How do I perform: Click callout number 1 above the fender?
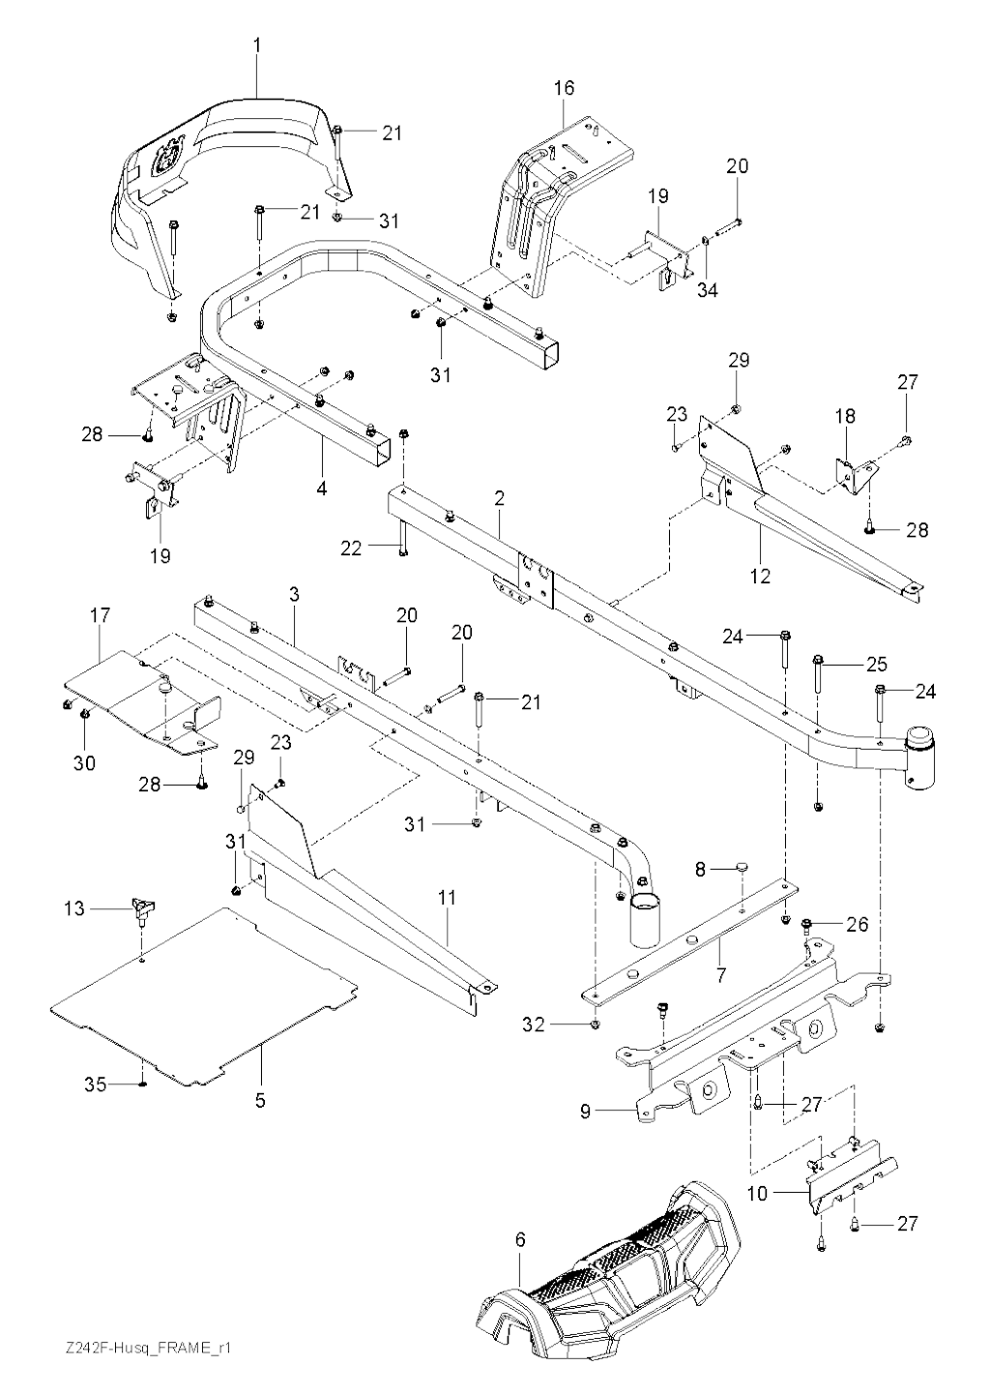257,45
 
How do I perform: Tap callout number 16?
564,88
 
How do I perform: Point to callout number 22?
350,549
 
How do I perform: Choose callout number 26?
857,924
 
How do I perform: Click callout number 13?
74,908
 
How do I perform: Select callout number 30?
84,763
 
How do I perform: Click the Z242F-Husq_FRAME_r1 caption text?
136,1348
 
